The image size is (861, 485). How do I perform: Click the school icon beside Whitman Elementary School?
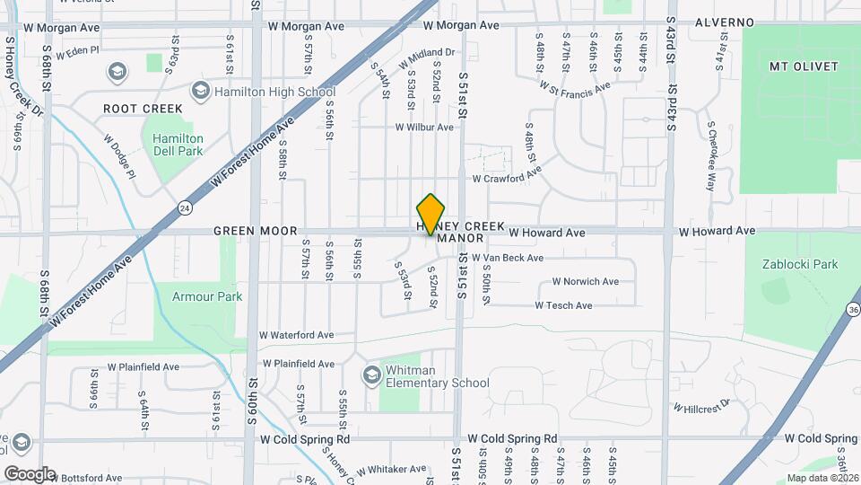click(x=371, y=374)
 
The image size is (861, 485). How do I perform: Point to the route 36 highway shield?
click(x=851, y=309)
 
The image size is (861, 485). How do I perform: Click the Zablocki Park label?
click(x=799, y=264)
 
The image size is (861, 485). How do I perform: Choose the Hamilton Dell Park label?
click(x=178, y=145)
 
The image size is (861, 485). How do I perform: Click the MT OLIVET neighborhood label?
click(x=804, y=66)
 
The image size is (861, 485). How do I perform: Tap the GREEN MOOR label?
click(x=254, y=232)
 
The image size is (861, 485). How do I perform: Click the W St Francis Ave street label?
click(x=574, y=86)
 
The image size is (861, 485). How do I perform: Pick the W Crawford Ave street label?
click(x=507, y=179)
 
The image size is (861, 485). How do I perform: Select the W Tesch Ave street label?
click(x=563, y=305)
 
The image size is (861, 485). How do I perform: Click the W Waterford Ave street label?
click(x=296, y=335)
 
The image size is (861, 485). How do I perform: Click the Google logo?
click(x=30, y=474)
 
